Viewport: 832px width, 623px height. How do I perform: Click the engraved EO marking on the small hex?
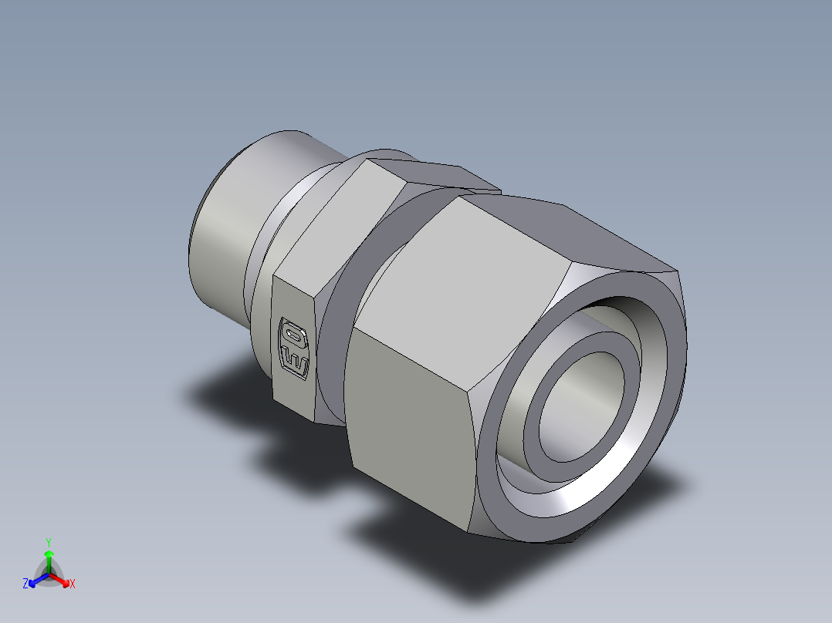[x=295, y=347]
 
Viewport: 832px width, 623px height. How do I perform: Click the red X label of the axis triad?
[x=73, y=584]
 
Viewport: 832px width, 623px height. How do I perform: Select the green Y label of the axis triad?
[x=48, y=542]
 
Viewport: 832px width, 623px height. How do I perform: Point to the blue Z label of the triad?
[x=25, y=584]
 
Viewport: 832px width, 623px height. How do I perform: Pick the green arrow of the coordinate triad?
[x=48, y=558]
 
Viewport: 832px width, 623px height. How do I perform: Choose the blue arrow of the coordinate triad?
[x=36, y=579]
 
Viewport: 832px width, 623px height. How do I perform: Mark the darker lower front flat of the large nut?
[x=409, y=432]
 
